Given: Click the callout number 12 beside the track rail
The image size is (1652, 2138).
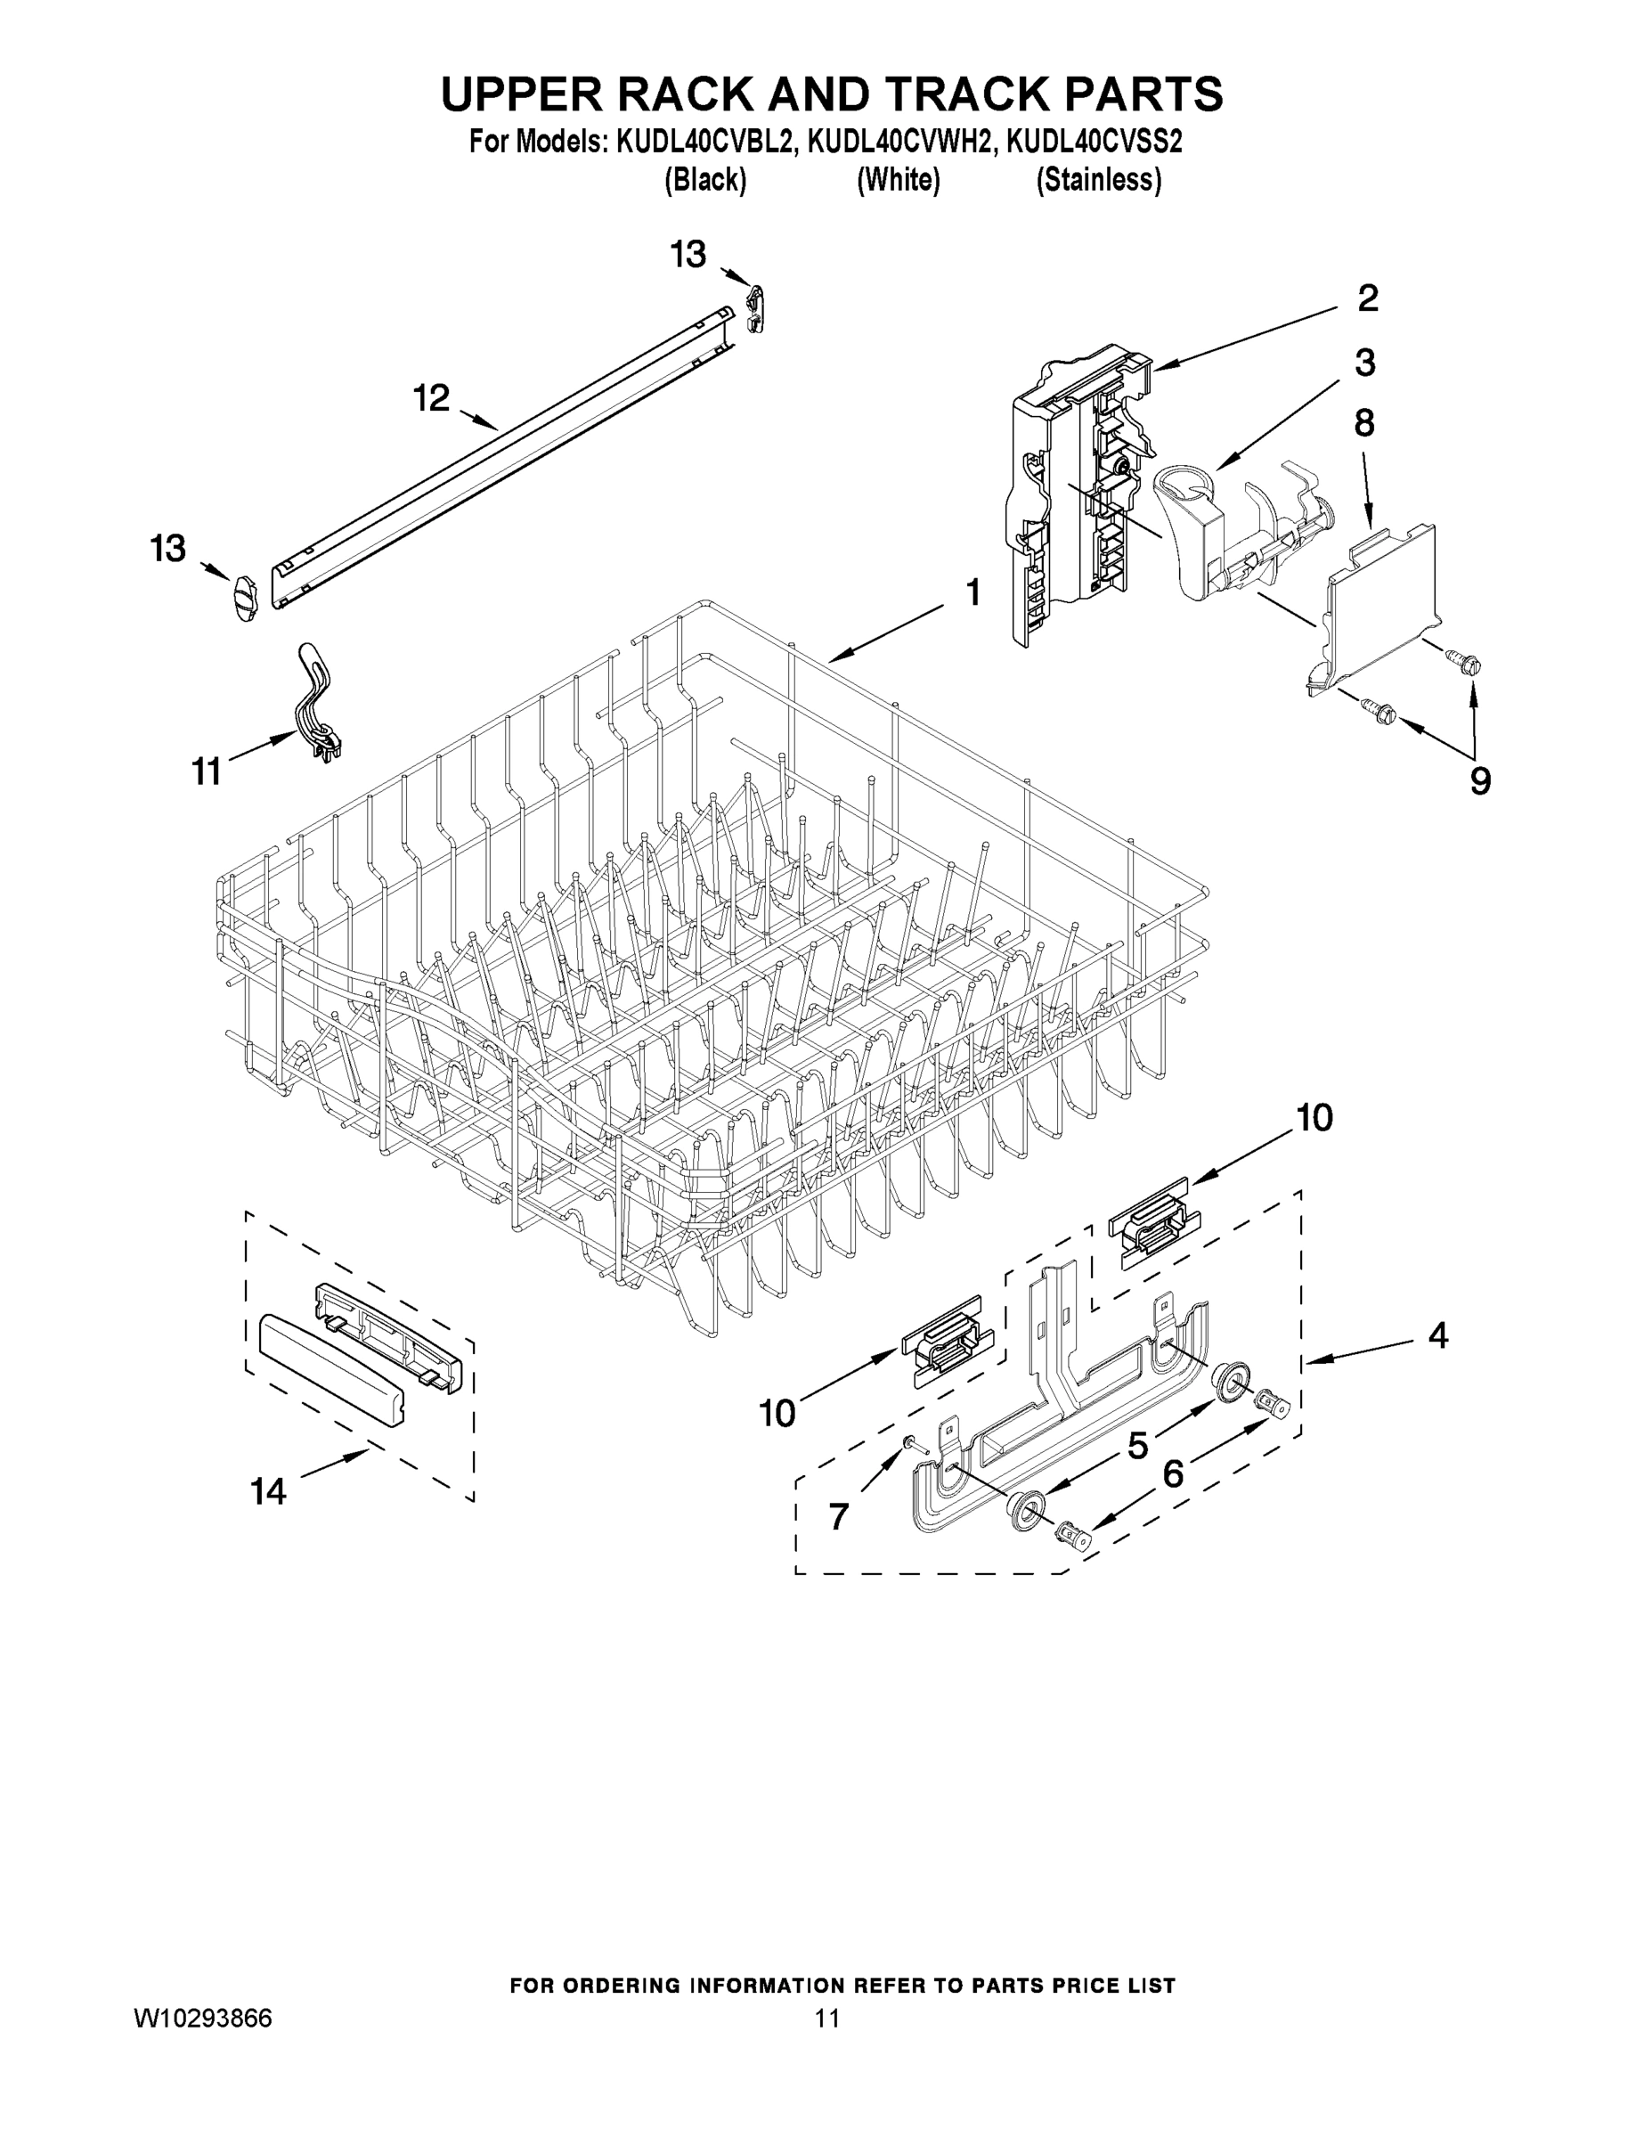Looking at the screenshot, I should click(431, 398).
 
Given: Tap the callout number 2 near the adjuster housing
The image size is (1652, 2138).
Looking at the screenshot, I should click(1367, 298).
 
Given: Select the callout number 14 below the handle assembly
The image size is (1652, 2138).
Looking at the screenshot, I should click(268, 1492).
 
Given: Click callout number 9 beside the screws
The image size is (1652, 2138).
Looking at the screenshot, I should click(1480, 781).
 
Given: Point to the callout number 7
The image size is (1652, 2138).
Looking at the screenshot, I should click(838, 1516).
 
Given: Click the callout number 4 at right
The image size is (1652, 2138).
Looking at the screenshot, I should click(1436, 1335).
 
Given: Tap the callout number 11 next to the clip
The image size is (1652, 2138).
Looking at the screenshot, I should click(207, 772).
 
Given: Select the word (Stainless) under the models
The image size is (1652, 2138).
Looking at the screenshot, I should click(1099, 180).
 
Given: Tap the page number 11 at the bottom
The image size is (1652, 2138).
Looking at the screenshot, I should click(827, 2019).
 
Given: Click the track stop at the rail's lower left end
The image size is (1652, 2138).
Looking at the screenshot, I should click(243, 595).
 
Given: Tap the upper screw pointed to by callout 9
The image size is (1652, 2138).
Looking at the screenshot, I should click(1466, 665).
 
